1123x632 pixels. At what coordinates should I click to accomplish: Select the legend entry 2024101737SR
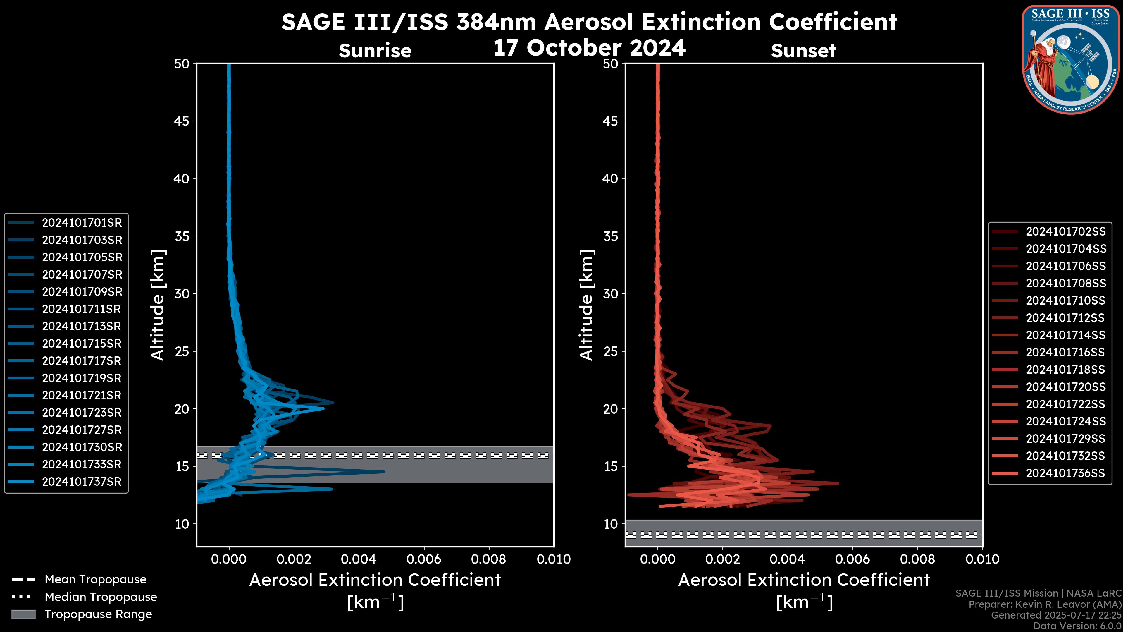coord(82,482)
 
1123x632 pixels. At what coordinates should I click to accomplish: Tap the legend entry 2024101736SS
coord(1065,473)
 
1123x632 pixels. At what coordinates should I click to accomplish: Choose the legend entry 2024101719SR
coord(82,378)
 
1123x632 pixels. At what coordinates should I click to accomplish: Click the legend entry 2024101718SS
coord(1065,370)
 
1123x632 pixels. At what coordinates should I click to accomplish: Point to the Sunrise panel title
coord(375,51)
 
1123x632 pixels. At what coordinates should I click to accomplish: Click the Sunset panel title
coord(803,51)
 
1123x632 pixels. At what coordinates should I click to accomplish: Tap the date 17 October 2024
coord(589,47)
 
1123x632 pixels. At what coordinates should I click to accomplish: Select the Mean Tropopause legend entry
coord(95,580)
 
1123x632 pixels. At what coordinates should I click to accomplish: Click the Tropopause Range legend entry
coord(98,614)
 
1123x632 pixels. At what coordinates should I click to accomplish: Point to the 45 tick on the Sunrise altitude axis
coord(182,121)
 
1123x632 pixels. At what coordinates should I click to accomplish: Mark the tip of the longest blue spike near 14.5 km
coord(384,471)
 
